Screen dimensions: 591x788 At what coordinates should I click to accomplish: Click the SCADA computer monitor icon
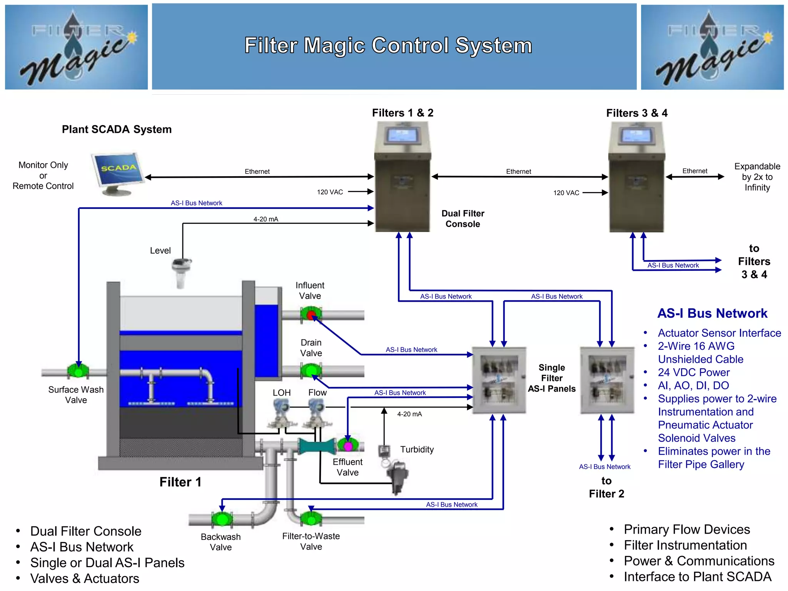click(x=117, y=171)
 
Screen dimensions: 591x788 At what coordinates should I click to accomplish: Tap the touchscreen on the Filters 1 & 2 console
click(x=402, y=135)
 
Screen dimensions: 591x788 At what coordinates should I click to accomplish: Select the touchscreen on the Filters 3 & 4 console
click(x=636, y=136)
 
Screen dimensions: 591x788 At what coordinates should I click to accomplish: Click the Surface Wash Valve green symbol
click(x=78, y=371)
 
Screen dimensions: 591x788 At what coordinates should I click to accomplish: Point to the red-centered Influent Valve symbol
click(x=311, y=315)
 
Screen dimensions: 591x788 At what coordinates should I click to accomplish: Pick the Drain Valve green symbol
click(x=311, y=371)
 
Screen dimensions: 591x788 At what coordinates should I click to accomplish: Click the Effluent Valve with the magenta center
click(x=348, y=446)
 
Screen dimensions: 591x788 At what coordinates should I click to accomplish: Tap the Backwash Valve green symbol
click(x=222, y=519)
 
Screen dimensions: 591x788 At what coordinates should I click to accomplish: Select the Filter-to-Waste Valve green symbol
click(x=311, y=519)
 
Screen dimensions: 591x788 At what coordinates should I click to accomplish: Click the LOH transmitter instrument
click(x=281, y=414)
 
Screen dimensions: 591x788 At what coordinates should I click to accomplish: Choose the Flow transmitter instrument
click(x=317, y=414)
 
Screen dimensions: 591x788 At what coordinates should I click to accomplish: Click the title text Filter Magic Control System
click(x=388, y=45)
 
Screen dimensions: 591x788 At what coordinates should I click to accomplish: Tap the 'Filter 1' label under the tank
click(x=180, y=482)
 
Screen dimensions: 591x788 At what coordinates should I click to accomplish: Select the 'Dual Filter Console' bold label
click(x=462, y=219)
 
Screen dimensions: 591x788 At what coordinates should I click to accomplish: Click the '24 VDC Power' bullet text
click(x=693, y=372)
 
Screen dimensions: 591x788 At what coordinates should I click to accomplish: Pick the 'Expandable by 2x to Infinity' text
click(x=757, y=177)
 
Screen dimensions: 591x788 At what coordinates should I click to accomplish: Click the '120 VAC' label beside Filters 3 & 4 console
click(x=566, y=193)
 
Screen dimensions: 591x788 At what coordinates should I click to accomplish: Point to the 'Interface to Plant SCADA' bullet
click(x=697, y=577)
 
